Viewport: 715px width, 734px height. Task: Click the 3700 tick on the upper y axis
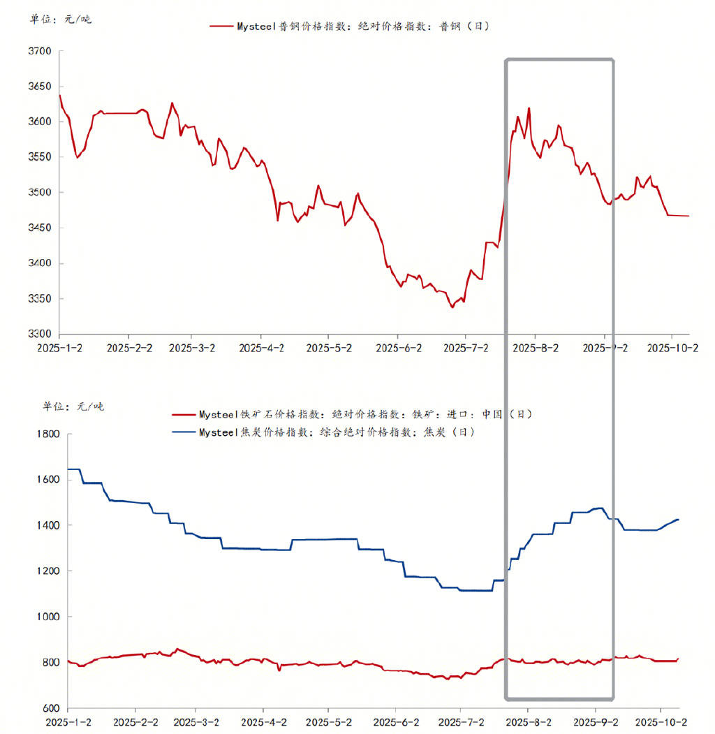40,51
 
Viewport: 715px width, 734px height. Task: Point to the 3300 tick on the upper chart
40,334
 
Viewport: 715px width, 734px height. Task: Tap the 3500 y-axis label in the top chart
40,193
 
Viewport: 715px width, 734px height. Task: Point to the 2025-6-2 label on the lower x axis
397,721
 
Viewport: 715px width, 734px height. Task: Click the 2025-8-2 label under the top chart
534,347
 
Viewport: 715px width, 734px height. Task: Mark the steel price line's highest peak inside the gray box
529,108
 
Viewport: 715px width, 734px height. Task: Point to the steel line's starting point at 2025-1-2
60,95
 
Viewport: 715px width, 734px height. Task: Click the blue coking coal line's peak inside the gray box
600,508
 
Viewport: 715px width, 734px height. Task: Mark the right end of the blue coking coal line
679,519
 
